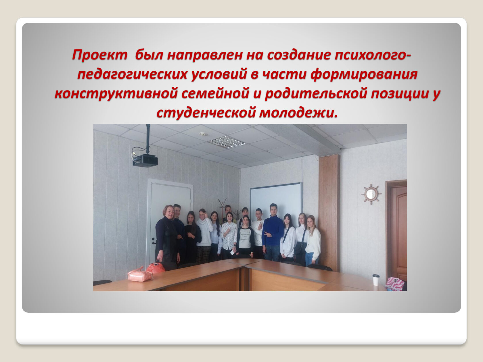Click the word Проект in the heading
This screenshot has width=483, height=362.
click(x=100, y=55)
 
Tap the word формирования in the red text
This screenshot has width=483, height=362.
click(x=364, y=75)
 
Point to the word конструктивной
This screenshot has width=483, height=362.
click(x=116, y=93)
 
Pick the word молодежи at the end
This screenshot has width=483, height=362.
click(x=298, y=113)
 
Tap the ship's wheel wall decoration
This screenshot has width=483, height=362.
click(x=371, y=194)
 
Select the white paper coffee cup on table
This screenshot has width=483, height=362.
click(x=376, y=280)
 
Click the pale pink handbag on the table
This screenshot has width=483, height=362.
click(x=140, y=275)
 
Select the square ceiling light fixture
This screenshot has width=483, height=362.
click(x=227, y=142)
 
